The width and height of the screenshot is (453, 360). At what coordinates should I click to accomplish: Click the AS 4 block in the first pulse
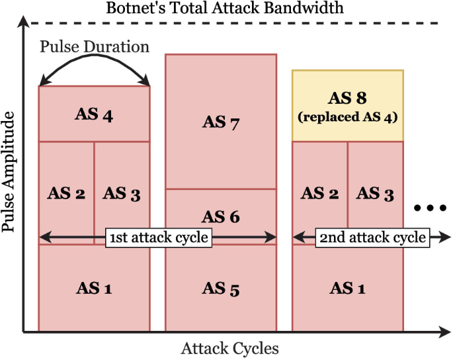click(94, 114)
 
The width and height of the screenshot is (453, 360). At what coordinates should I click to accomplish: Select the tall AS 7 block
click(220, 122)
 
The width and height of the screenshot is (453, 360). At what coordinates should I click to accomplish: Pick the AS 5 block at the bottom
click(220, 289)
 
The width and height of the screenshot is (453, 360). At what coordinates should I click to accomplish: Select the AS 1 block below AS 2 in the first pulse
click(94, 289)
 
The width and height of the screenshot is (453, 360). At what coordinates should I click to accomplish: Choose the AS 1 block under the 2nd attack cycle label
click(347, 289)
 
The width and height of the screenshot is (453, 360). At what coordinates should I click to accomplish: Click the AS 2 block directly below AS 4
click(66, 193)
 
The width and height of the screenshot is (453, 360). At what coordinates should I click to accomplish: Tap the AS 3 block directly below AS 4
click(122, 193)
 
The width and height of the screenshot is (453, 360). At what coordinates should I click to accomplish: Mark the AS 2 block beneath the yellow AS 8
click(319, 193)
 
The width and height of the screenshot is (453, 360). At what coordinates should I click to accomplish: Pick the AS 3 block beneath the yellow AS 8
click(375, 193)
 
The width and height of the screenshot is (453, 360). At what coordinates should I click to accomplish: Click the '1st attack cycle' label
click(158, 237)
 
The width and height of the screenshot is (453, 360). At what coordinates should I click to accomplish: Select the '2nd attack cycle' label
click(372, 237)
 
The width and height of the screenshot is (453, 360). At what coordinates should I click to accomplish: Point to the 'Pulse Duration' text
click(94, 47)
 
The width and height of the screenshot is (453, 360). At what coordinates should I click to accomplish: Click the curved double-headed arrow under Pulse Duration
click(94, 62)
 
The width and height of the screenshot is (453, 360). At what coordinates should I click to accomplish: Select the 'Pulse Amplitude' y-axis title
click(9, 172)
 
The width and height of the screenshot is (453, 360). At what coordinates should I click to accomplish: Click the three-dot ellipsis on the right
click(429, 208)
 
